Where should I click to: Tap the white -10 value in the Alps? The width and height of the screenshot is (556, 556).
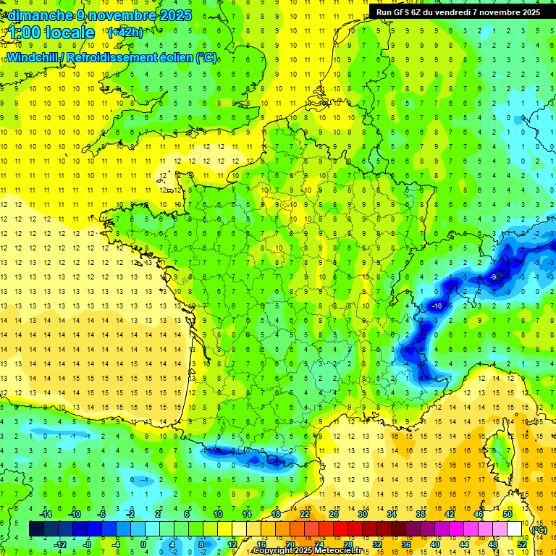pos(437,306)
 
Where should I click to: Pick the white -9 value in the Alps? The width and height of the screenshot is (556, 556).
pos(492,277)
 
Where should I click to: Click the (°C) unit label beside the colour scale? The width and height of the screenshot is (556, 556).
pos(539,530)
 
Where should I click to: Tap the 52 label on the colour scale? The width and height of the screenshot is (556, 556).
pos(522,544)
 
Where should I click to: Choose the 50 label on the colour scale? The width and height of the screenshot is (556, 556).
pos(507,514)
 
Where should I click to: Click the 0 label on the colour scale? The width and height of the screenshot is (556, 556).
pos(143,544)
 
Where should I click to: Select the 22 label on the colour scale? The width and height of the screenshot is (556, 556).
pos(305,514)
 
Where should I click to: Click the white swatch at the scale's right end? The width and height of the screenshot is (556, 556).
pos(515,529)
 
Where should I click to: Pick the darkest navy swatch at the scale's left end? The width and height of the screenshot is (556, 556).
pos(36,529)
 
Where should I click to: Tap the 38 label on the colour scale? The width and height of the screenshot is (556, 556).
pos(421,514)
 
